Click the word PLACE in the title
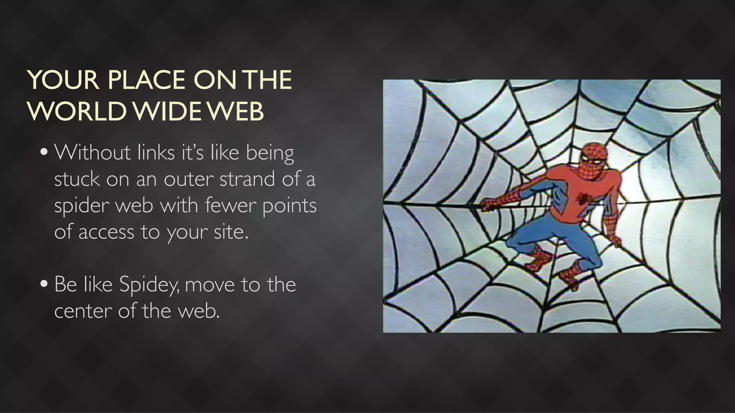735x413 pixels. pyautogui.click(x=146, y=80)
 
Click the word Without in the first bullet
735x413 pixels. pyautogui.click(x=93, y=152)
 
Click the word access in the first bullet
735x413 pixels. pyautogui.click(x=106, y=232)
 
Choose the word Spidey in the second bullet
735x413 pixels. pyautogui.click(x=149, y=285)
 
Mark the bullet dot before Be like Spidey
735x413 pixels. pyautogui.click(x=44, y=284)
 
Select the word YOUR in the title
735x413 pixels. pyautogui.click(x=63, y=80)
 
